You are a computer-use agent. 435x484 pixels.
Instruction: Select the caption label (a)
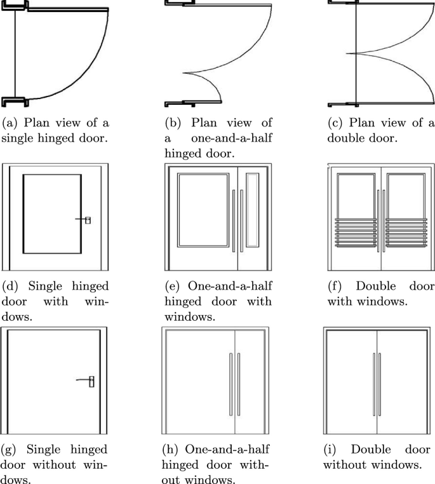click(11, 123)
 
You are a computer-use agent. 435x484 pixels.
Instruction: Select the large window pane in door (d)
click(51, 214)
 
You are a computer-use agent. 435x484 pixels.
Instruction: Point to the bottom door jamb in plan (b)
click(181, 102)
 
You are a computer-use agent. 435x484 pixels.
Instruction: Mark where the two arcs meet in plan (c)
click(347, 53)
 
